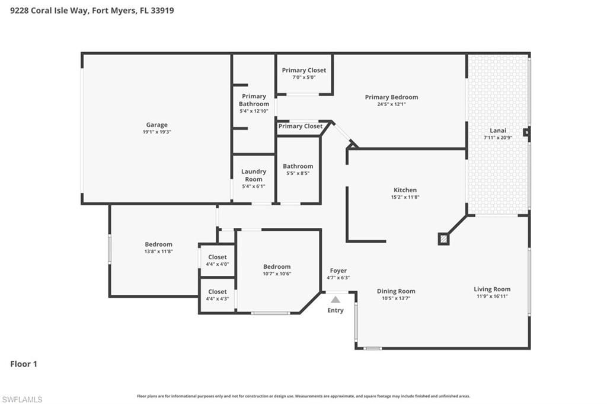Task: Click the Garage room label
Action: (156, 125)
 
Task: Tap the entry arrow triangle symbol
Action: (336, 300)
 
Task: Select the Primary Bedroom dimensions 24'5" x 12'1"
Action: (391, 104)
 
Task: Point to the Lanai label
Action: (497, 131)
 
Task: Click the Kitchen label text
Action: (405, 190)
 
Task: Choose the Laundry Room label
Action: (253, 175)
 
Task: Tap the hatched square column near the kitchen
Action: (443, 238)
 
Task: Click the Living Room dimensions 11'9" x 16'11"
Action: (491, 296)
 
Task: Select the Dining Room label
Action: (396, 291)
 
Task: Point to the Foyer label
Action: (338, 271)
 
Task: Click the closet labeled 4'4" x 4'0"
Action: (217, 260)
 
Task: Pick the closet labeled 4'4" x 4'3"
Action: (217, 295)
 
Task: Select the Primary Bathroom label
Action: (254, 100)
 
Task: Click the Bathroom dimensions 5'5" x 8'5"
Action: (298, 174)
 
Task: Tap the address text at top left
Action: (92, 10)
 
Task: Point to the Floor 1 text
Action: (24, 364)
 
